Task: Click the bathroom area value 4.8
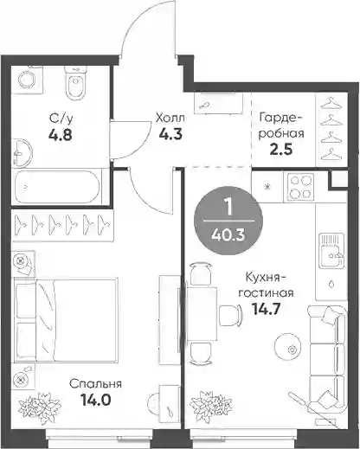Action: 60,134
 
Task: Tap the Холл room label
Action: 170,118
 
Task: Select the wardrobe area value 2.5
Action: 281,150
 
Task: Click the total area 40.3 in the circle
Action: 228,235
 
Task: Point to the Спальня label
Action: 95,384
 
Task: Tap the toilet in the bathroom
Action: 76,83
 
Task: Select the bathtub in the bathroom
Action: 57,187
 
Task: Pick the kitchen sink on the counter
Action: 332,250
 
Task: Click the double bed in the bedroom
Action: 66,320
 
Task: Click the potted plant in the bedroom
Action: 40,408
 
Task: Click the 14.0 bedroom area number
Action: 96,400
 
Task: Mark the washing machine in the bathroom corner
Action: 27,80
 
